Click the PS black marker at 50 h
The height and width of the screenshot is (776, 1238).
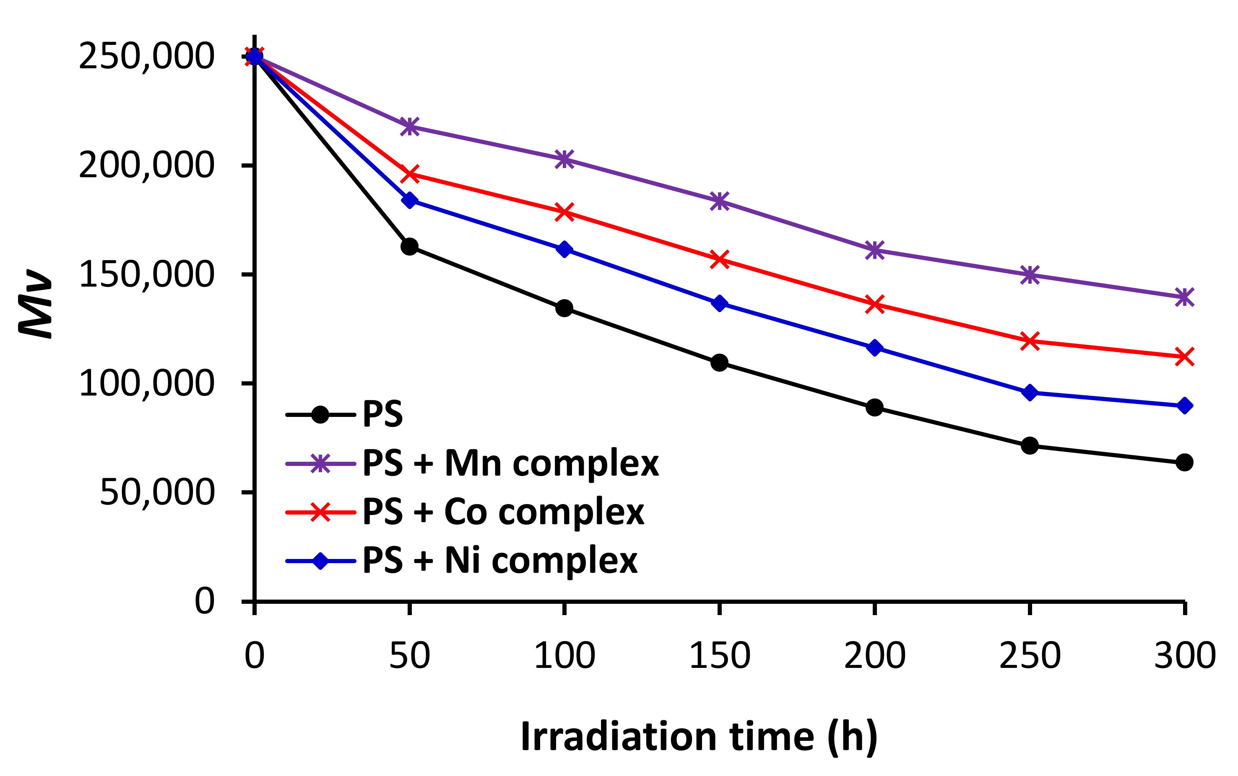click(409, 247)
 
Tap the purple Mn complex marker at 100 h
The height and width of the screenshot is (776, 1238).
click(564, 160)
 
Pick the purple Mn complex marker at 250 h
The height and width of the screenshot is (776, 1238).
click(1030, 274)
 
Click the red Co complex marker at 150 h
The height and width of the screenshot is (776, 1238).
click(719, 260)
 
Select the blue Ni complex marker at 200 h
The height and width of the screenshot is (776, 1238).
click(874, 348)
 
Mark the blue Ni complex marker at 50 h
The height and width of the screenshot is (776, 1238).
click(409, 200)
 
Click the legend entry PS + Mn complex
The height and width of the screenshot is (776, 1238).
click(510, 463)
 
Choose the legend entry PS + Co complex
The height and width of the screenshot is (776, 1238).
click(503, 512)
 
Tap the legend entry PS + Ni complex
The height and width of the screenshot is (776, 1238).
click(499, 561)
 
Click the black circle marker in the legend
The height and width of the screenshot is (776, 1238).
click(320, 415)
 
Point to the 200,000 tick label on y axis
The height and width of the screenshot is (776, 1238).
click(146, 166)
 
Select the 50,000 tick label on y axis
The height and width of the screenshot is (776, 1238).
click(157, 492)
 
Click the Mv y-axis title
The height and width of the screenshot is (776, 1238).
click(35, 304)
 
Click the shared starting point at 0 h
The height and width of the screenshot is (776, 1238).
click(254, 57)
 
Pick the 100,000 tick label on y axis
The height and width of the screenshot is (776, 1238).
click(146, 383)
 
